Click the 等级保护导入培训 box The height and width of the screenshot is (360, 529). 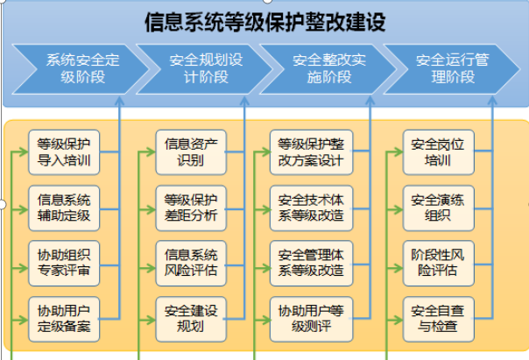pyautogui.click(x=65, y=152)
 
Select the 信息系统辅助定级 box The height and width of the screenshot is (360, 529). pyautogui.click(x=65, y=207)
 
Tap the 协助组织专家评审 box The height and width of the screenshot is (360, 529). pyautogui.click(x=65, y=262)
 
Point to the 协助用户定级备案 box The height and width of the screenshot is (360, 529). pyautogui.click(x=65, y=318)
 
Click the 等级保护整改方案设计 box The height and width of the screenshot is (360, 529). pyautogui.click(x=311, y=152)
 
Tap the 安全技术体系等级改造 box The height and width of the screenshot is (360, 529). pyautogui.click(x=311, y=207)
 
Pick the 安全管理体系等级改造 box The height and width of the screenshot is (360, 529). pyautogui.click(x=311, y=262)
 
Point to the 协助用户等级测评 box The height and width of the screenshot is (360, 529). pyautogui.click(x=311, y=318)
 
